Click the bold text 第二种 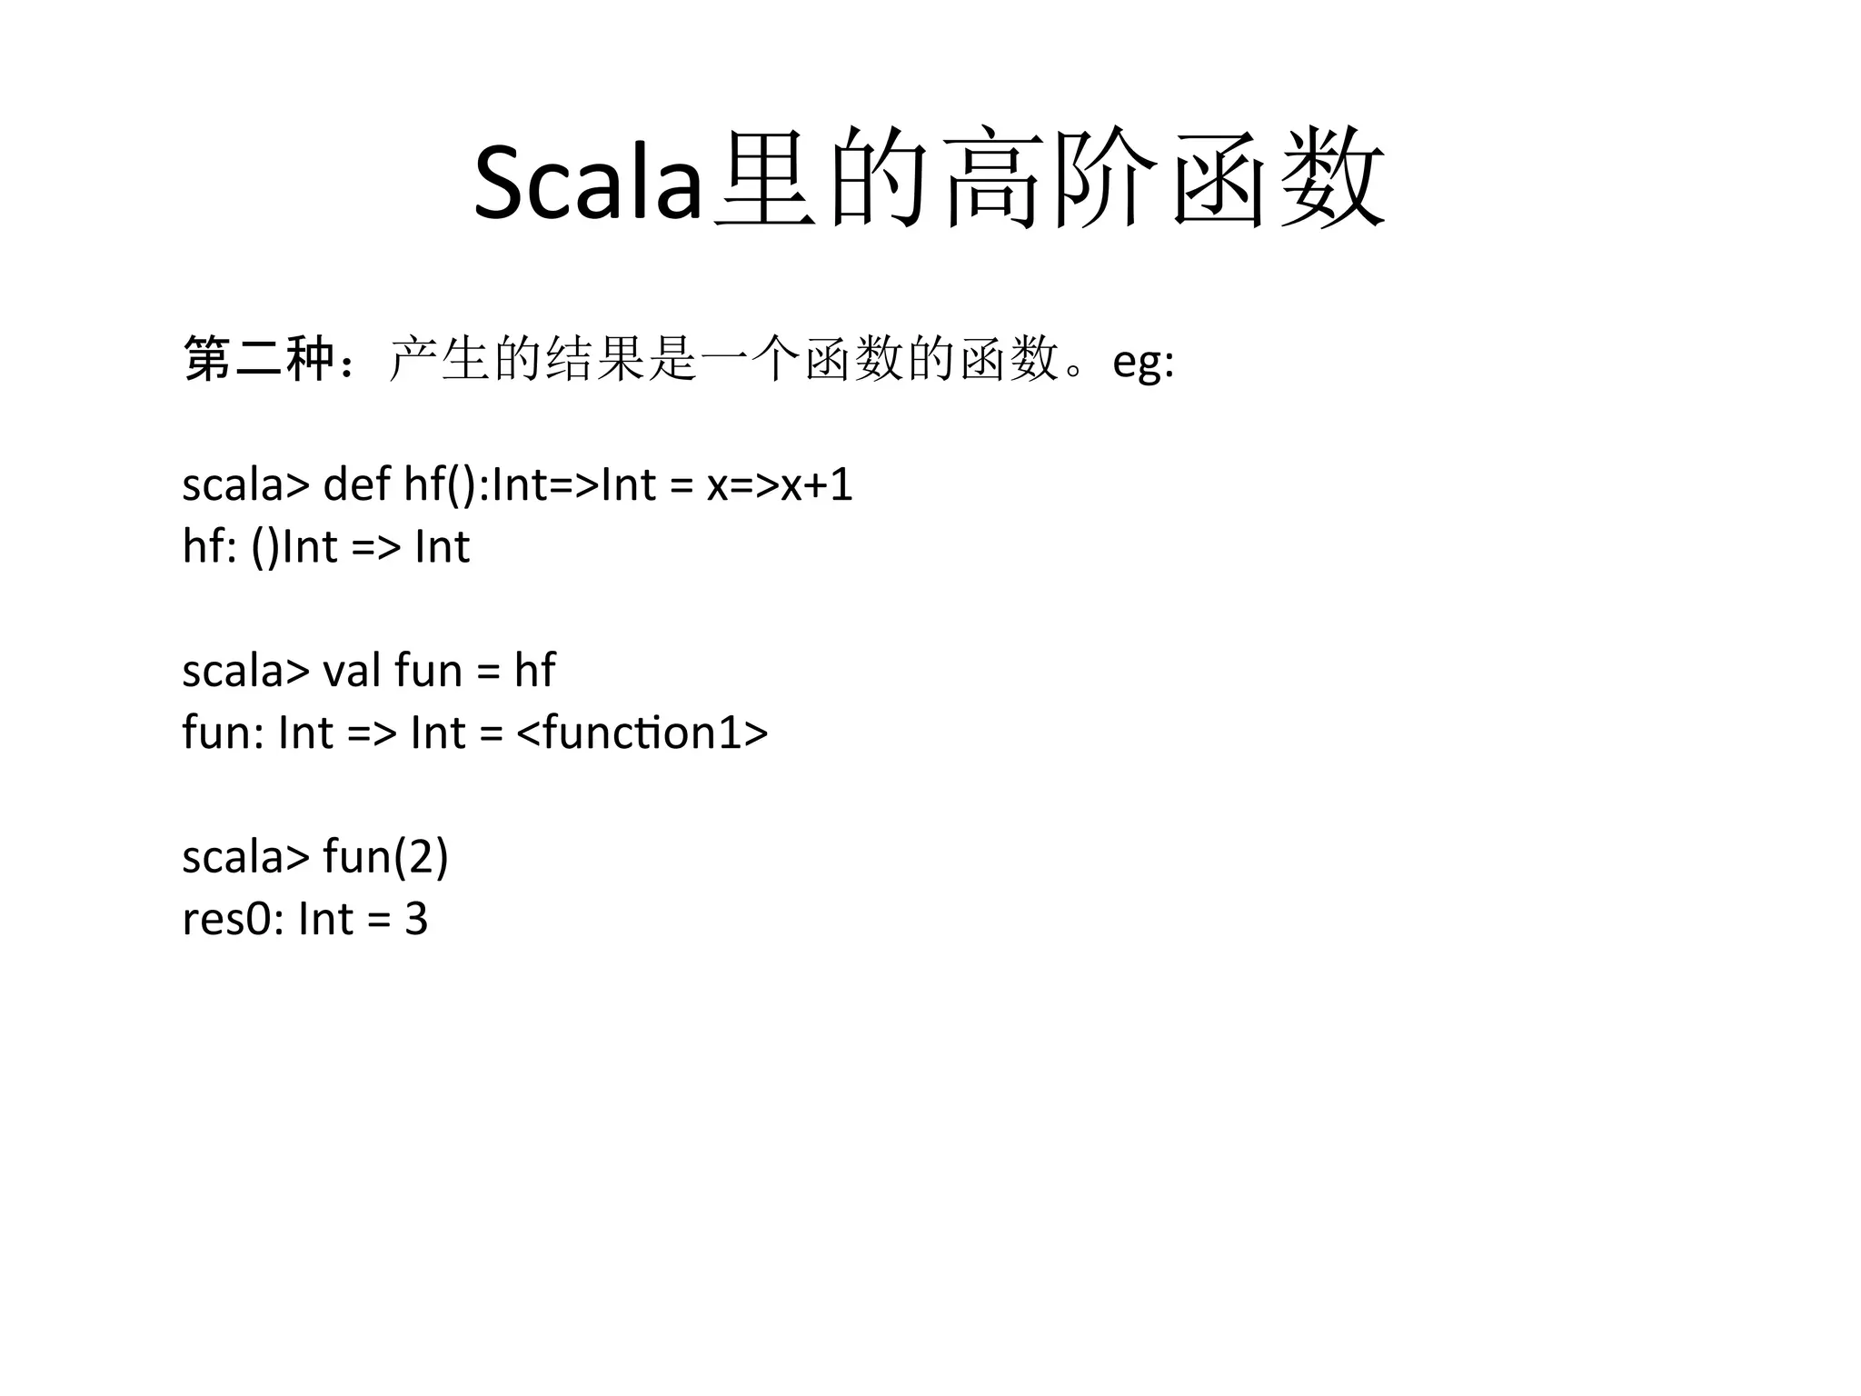[259, 358]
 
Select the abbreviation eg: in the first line [1143, 361]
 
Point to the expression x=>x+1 [780, 484]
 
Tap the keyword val [353, 671]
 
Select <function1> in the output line [642, 733]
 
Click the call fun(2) [385, 856]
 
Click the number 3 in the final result [416, 919]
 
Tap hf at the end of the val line [534, 671]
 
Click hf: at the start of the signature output [209, 547]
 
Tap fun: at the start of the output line [223, 733]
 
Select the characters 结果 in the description [596, 359]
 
